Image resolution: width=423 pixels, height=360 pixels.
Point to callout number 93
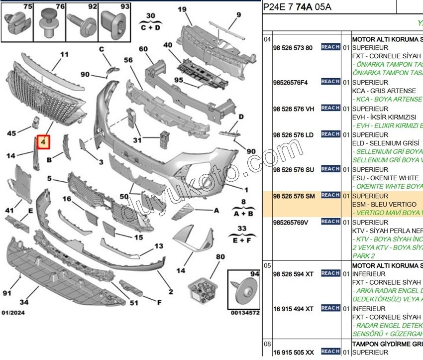(125, 7)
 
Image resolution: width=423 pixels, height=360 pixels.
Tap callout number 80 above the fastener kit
(220, 257)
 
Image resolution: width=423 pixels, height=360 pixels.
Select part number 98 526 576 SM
(294, 196)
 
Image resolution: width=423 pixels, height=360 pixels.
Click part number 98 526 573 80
(293, 48)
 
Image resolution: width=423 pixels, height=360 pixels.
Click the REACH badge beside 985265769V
(330, 222)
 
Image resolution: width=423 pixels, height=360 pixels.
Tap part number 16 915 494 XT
(294, 309)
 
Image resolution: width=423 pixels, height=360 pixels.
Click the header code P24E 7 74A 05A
(297, 7)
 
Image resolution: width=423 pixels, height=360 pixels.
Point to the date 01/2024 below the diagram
(13, 313)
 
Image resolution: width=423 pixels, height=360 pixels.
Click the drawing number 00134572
(245, 313)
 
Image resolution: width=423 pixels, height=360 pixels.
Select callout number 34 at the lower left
(24, 302)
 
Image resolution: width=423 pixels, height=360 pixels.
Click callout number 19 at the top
(182, 9)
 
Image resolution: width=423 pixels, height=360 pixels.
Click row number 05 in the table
(267, 265)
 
